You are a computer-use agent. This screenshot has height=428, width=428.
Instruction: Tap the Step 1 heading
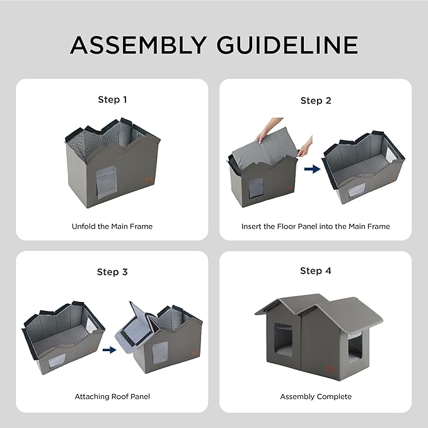112,100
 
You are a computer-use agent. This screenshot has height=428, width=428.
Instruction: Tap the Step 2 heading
315,100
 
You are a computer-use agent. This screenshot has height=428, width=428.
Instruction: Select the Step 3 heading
112,272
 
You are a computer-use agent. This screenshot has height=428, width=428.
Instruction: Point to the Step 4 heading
315,270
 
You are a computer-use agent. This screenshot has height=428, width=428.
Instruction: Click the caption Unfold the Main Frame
112,226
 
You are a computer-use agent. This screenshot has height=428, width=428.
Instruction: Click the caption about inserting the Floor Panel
315,226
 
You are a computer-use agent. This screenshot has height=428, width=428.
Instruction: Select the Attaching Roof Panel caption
112,396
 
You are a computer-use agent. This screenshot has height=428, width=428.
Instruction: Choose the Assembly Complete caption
315,396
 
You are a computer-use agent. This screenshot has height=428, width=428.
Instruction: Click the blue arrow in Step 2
310,169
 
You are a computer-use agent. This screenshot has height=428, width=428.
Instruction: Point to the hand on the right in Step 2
304,149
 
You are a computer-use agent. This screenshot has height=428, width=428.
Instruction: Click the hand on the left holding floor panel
262,136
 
